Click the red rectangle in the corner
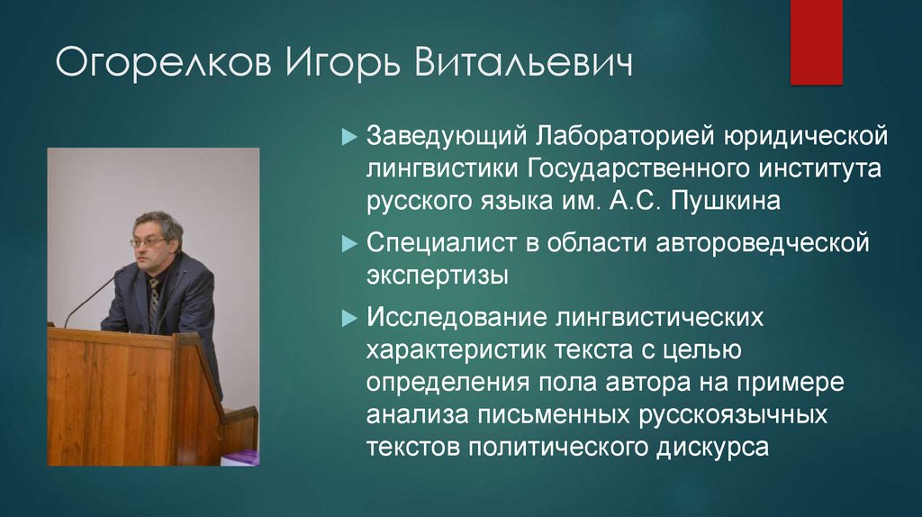tap(816, 41)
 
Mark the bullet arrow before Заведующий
tap(351, 139)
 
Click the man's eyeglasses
tap(148, 242)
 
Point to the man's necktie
tap(154, 297)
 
